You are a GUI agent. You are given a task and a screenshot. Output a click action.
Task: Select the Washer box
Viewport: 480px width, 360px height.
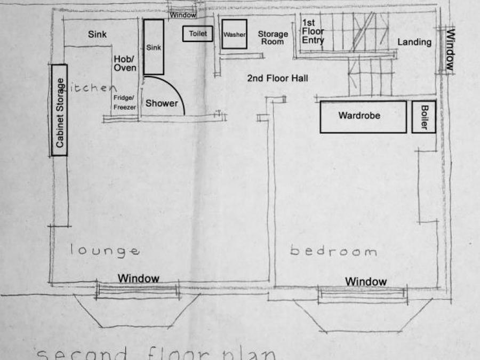pos(234,34)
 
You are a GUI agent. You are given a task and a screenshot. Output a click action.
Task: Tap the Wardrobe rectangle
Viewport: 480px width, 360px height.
pos(363,116)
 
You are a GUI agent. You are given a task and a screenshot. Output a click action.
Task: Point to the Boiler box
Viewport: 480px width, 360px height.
pos(425,117)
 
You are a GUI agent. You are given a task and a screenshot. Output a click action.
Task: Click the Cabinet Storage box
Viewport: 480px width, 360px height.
pos(60,110)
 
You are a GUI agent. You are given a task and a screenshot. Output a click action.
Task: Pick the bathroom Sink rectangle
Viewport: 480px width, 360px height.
pos(154,47)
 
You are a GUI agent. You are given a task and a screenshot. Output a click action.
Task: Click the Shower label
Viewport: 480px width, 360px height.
pos(162,103)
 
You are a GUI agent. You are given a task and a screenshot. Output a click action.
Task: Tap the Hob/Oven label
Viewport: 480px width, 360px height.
pos(125,63)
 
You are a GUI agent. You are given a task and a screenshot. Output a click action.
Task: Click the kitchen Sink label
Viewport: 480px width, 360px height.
pos(97,35)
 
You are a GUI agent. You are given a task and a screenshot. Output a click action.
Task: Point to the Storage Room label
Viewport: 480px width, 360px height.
pos(273,37)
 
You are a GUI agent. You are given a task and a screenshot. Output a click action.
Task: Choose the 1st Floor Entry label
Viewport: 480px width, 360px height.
pos(313,31)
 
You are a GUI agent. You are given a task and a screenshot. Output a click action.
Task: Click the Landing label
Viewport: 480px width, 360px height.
pos(414,42)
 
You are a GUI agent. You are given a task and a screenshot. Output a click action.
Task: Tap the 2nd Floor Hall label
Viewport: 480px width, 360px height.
pos(277,78)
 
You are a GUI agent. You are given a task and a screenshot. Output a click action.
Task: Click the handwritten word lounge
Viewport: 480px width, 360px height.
pos(105,250)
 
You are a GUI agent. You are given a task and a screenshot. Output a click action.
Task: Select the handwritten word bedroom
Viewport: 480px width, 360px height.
pos(333,251)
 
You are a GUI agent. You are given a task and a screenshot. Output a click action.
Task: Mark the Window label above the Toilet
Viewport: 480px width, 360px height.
pos(183,15)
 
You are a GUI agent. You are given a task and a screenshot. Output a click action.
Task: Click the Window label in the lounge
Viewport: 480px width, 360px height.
pos(139,278)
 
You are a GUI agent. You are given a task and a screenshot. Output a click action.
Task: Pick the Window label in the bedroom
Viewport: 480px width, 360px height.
pos(366,282)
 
